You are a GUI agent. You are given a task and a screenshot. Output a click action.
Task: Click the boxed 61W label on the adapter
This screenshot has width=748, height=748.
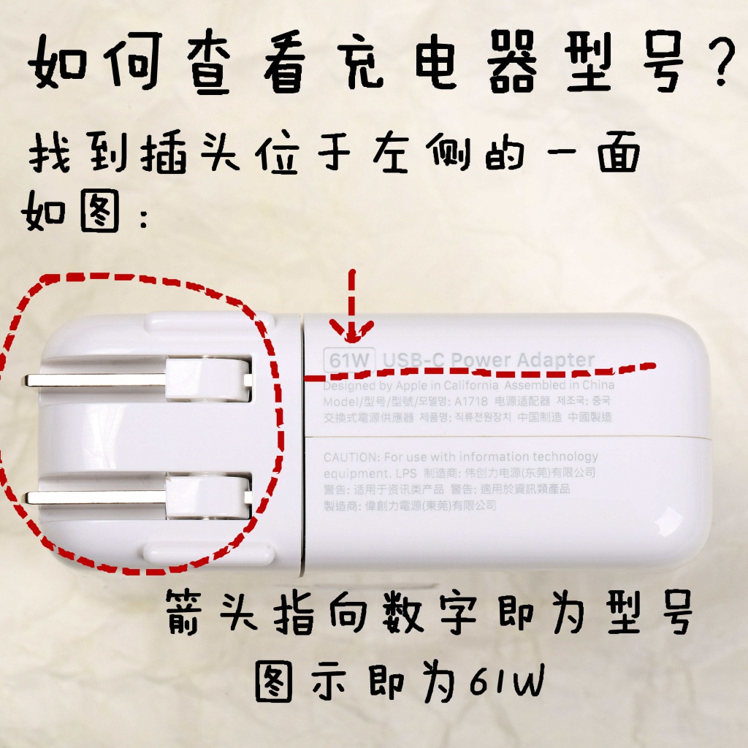click(349, 360)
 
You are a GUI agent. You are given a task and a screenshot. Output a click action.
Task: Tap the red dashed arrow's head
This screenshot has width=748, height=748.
click(352, 333)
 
